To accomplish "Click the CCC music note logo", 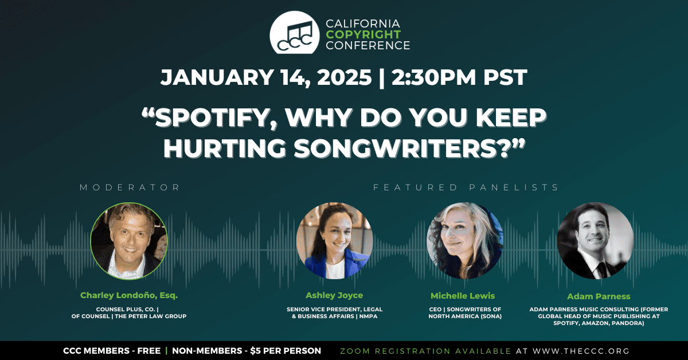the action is [295, 33].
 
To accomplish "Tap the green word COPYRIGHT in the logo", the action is [363, 34].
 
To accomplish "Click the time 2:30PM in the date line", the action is [433, 77].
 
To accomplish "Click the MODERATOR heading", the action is [130, 187].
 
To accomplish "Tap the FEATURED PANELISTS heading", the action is [466, 187].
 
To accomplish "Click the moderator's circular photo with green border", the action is [129, 241].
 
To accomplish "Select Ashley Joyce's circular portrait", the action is [334, 241].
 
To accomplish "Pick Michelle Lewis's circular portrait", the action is [465, 241].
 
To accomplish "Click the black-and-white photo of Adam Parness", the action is [596, 241].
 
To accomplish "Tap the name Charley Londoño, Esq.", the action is [129, 295].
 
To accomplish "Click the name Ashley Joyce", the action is [334, 295].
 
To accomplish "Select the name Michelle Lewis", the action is [463, 296].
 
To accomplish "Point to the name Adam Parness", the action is [599, 296].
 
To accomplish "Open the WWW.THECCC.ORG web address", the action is [581, 351].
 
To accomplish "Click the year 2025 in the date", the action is [345, 77].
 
